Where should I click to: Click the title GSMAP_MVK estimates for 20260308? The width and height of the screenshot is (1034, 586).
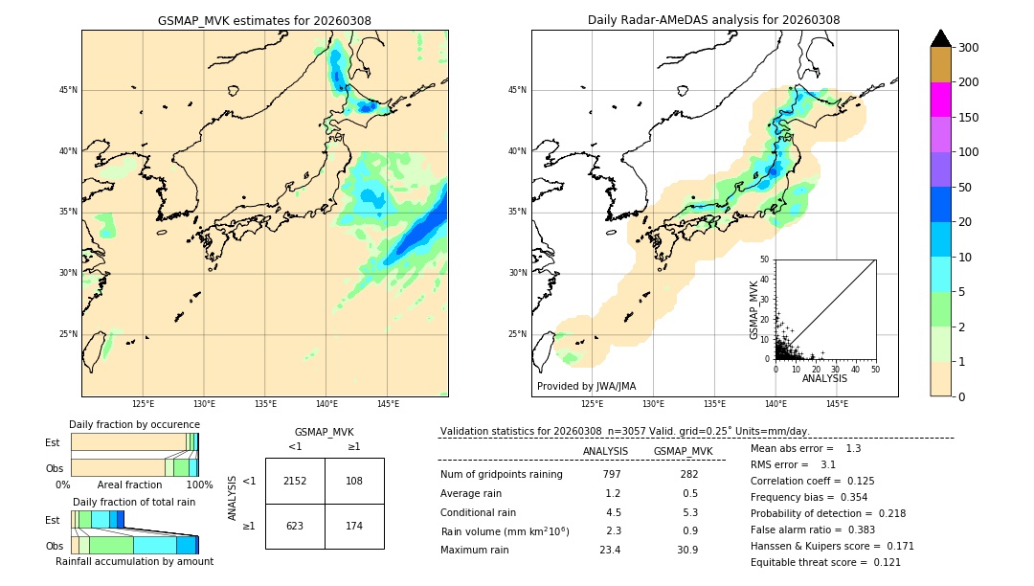264,20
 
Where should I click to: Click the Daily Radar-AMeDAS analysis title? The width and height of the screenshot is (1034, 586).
713,20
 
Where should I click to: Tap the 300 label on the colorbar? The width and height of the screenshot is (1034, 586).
969,48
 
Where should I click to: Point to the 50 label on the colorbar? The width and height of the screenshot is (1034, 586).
966,188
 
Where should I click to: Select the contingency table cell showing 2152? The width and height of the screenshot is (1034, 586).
295,481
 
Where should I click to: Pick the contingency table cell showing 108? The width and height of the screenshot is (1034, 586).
354,481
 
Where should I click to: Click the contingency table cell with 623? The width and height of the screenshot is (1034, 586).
295,526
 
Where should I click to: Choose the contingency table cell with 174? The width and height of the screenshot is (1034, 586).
354,526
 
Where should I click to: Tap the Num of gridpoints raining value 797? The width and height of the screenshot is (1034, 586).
612,474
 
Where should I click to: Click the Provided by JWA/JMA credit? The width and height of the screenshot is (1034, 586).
586,386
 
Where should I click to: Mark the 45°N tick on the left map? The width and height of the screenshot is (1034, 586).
67,90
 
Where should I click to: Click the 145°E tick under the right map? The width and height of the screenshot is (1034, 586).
837,404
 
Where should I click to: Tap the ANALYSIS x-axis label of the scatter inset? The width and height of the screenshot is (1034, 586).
824,378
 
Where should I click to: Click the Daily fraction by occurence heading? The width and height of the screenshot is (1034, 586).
134,424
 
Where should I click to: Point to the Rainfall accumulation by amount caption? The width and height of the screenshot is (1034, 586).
135,561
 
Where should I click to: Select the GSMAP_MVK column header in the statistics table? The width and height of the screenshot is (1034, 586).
683,451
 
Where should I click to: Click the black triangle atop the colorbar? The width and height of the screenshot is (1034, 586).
941,38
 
